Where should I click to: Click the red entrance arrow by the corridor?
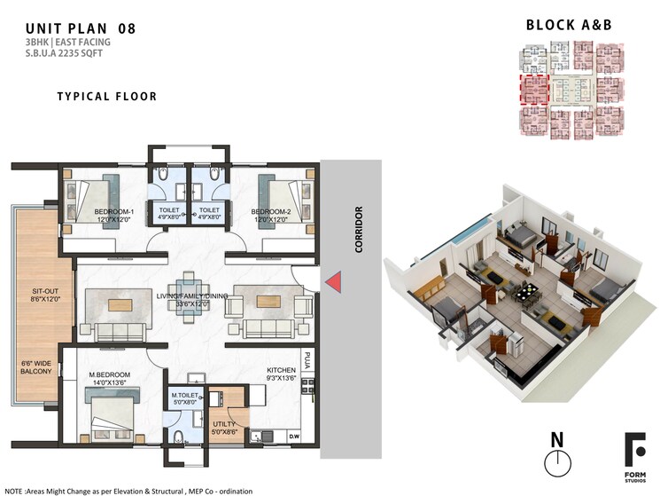(x=334, y=282)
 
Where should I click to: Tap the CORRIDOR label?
(x=359, y=230)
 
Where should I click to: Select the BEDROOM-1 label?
(x=114, y=212)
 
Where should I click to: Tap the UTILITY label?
(x=223, y=424)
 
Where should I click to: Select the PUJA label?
(x=307, y=360)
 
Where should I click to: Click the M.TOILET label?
(x=184, y=395)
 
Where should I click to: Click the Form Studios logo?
(x=634, y=456)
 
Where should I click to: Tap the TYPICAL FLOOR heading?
(x=107, y=96)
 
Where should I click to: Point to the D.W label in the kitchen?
(x=294, y=436)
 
